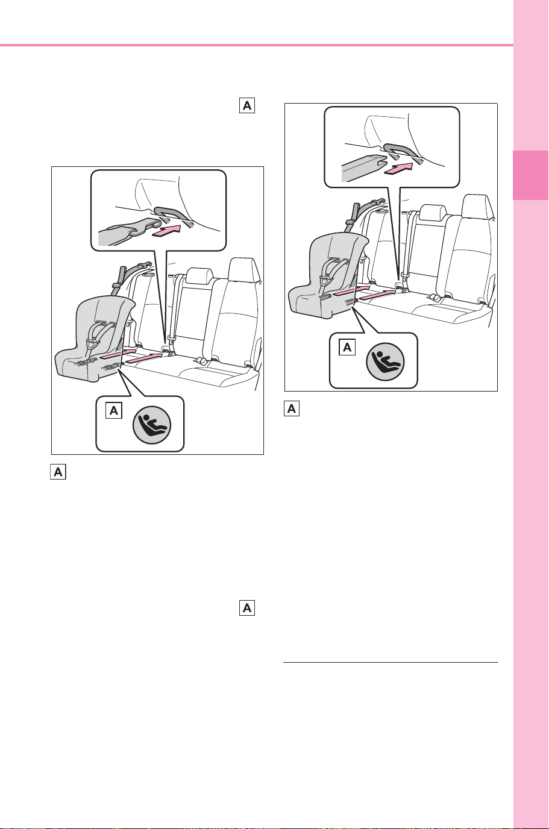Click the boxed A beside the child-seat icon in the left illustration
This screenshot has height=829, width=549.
(x=114, y=410)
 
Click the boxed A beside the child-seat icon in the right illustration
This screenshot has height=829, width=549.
(x=347, y=347)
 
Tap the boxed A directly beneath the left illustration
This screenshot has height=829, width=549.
(x=58, y=472)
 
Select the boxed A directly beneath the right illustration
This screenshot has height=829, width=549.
(x=292, y=408)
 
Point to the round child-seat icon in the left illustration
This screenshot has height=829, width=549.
(x=152, y=425)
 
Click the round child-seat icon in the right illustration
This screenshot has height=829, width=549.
(x=385, y=361)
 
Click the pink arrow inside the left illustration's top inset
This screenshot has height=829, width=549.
(x=166, y=233)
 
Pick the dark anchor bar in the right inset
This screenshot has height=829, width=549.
(x=404, y=152)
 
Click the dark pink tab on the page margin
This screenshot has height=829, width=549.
(x=531, y=175)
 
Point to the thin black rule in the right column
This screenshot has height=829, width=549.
(x=391, y=662)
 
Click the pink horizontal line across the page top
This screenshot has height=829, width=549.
(x=257, y=45)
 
